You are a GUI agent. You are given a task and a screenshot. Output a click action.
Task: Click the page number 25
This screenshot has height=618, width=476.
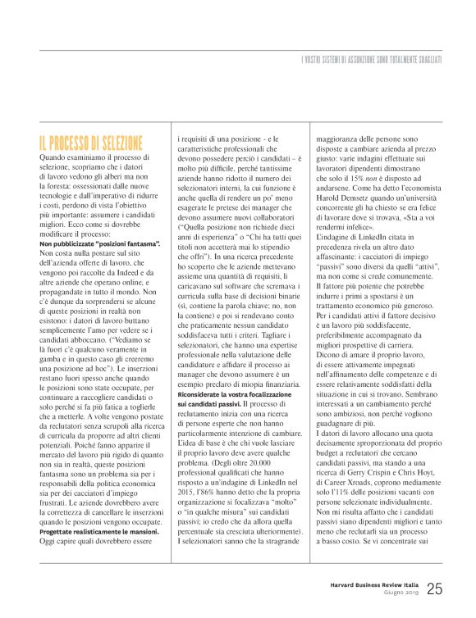pyautogui.click(x=435, y=587)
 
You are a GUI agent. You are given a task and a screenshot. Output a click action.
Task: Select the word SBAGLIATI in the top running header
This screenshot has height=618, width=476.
pyautogui.click(x=425, y=60)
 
